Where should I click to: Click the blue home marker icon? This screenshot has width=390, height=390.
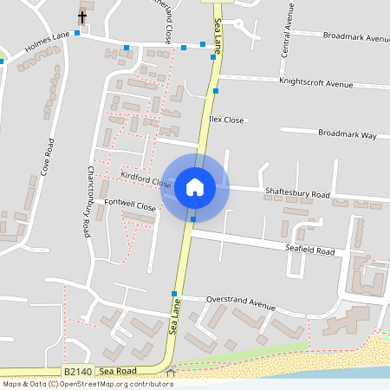click(194, 187)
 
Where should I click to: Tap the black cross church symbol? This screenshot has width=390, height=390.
click(83, 16)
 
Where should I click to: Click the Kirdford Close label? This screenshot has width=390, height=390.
click(146, 179)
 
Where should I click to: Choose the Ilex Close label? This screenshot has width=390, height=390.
click(226, 120)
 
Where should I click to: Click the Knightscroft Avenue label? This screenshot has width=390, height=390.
click(316, 84)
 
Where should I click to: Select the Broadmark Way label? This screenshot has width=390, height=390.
click(347, 135)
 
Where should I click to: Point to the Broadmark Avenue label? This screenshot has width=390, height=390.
click(355, 38)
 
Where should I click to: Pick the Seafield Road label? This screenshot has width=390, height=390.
click(309, 250)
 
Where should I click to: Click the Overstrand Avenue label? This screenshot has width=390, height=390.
click(240, 305)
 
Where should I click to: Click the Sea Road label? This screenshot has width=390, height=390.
click(118, 371)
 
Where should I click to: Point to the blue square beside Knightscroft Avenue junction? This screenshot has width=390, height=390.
click(216, 90)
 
